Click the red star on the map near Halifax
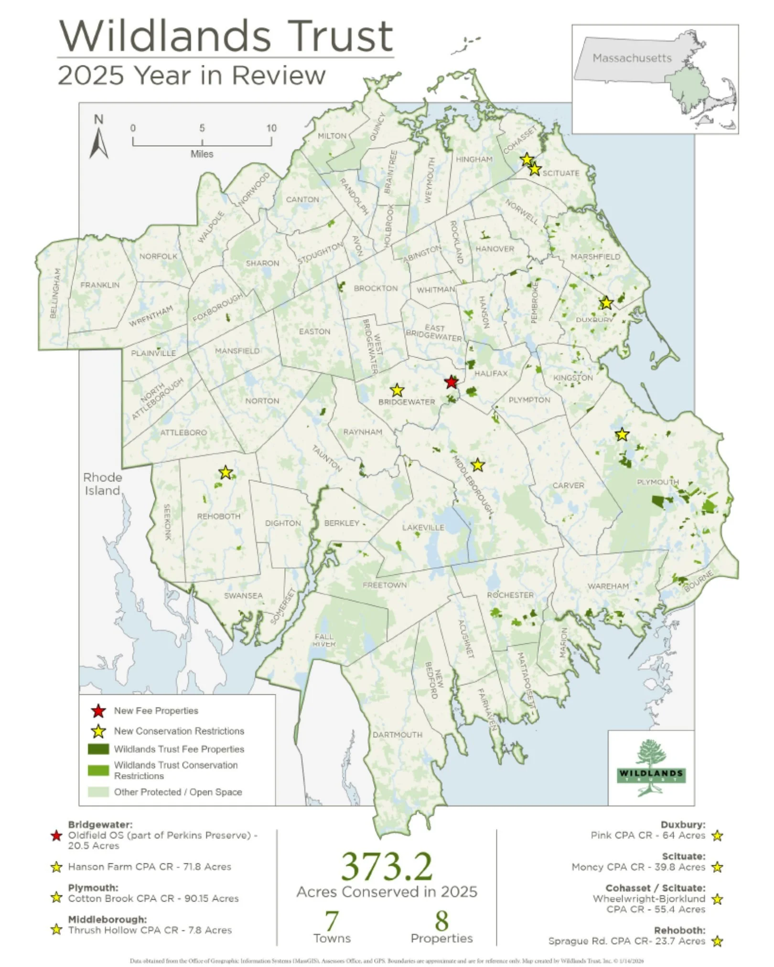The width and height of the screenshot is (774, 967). point(451,382)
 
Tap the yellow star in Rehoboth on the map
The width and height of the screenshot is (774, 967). point(226,473)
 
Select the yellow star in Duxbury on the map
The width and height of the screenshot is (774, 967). point(606,303)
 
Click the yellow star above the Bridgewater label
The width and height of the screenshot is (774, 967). point(397,391)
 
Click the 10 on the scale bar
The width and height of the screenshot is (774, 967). point(271,128)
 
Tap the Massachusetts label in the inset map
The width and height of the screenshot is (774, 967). point(632,58)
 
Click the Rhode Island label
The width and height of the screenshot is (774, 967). point(102,484)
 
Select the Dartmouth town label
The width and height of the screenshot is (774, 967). point(398,734)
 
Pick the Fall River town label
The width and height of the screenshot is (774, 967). point(324,640)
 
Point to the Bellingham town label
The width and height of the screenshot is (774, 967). point(55,293)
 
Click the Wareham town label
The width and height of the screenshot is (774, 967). point(608,586)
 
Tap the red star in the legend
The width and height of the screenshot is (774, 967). point(98,711)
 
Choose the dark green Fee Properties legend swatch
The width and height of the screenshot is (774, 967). point(98,749)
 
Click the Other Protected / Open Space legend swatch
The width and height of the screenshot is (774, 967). point(98,792)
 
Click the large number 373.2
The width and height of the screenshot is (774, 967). point(387,866)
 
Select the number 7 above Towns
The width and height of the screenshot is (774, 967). point(332,921)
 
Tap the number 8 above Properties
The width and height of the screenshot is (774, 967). point(441,921)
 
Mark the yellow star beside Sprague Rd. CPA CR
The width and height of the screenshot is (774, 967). point(717,942)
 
